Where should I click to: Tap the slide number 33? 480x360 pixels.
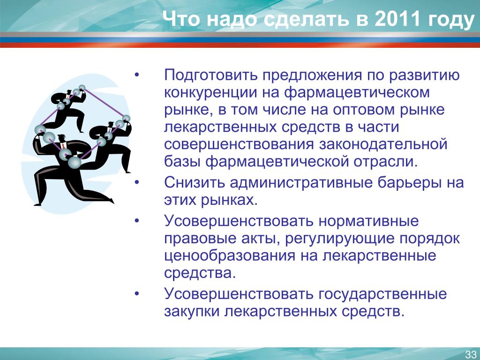[471, 354]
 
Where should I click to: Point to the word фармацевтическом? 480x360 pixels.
[357, 92]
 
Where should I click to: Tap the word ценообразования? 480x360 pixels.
[230, 256]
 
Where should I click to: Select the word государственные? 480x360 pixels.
[382, 294]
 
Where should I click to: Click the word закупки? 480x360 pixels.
[192, 312]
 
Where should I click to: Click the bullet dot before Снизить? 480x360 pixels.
[137, 183]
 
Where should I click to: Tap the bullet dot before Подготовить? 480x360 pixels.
[137, 75]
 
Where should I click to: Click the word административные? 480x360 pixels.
[301, 183]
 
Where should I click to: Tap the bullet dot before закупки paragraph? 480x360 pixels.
[137, 294]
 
